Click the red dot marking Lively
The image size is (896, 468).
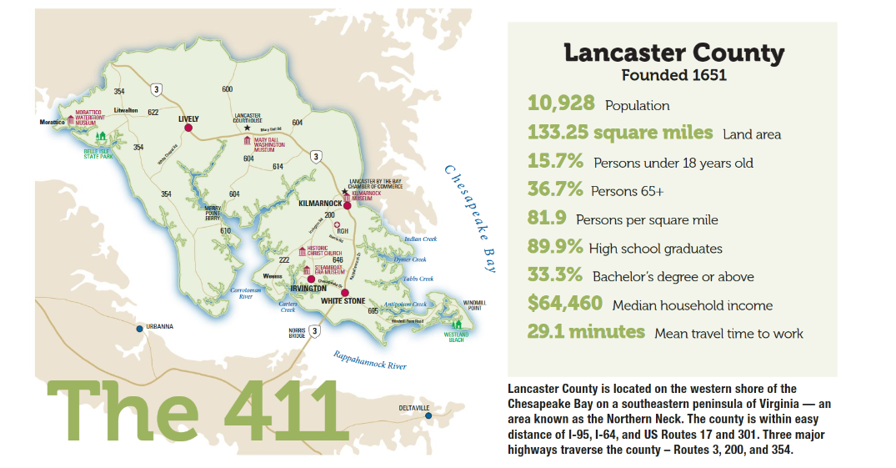pos(188,128)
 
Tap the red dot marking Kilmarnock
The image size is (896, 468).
pos(347,204)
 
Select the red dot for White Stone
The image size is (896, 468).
pos(344,292)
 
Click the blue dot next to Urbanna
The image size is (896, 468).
pos(139,328)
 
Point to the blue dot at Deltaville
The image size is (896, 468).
pos(428,415)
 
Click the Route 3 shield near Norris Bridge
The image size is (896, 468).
pos(314,331)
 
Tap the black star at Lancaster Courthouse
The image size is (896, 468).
pos(247,128)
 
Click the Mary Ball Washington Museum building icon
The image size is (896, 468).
pos(247,140)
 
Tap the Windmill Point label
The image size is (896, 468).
pos(474,304)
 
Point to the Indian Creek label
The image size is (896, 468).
pos(419,239)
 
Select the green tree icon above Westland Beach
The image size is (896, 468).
pos(456,323)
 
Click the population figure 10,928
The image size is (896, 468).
pos(561,103)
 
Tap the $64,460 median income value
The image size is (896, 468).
pos(564,304)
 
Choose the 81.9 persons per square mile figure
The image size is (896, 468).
pos(547,219)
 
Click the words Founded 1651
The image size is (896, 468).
pos(674,75)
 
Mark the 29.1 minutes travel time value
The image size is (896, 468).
pos(586,332)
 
